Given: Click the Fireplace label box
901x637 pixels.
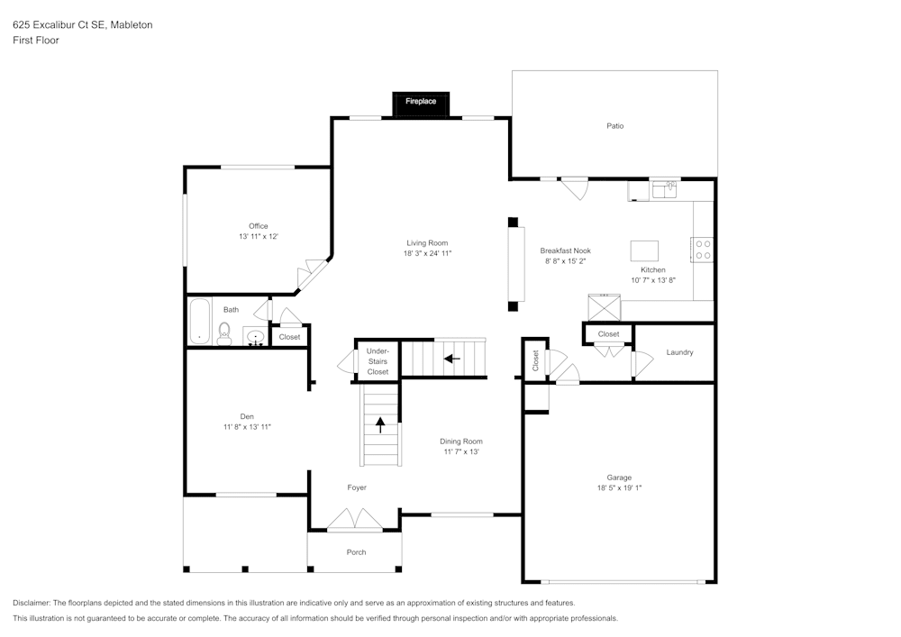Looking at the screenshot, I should [x=421, y=102].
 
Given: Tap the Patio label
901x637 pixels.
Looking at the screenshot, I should [x=614, y=126].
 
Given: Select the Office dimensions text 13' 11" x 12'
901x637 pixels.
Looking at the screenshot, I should [x=259, y=237].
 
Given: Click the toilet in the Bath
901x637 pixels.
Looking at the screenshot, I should [x=224, y=332].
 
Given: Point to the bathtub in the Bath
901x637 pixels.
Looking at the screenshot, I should [x=199, y=321].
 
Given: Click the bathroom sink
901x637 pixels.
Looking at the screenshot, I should [x=256, y=338].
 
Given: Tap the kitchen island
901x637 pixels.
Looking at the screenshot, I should [x=644, y=249].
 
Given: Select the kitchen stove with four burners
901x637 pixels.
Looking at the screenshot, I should [x=703, y=249].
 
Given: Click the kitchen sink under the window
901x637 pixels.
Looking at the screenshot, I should [x=665, y=189].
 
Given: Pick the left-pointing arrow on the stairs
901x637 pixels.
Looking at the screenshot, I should [x=451, y=359].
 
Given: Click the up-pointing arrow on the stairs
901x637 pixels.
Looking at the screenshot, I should [x=380, y=424].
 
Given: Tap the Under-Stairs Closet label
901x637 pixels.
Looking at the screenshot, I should [x=378, y=360].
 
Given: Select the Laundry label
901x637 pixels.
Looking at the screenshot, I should [x=679, y=352].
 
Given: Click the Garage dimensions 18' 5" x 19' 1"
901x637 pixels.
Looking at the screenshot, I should [x=619, y=488].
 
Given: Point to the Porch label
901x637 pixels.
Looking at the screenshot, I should [x=357, y=552].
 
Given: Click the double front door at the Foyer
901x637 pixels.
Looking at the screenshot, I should [x=354, y=520].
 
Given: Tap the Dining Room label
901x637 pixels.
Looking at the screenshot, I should [x=461, y=441].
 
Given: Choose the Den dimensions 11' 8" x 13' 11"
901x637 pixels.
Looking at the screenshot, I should [x=247, y=427].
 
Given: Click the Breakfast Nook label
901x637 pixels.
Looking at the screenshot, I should [x=565, y=250].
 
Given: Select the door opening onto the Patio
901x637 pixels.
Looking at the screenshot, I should [x=574, y=188].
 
